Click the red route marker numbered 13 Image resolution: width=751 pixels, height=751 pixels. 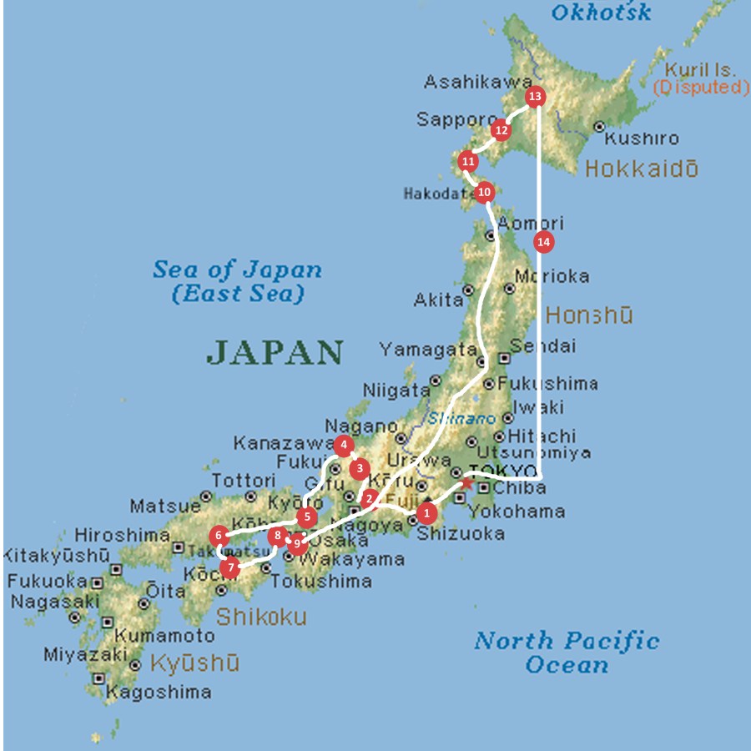(535, 97)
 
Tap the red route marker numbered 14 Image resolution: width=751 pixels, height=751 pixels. (543, 242)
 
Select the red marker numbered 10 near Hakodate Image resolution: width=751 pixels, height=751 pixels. (484, 193)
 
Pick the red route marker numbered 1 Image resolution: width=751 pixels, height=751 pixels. (426, 512)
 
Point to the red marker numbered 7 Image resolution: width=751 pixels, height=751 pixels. (230, 569)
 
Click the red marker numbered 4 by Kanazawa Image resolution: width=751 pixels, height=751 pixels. (342, 446)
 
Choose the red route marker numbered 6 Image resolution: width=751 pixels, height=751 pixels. (219, 535)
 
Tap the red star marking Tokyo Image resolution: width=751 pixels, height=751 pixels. (466, 483)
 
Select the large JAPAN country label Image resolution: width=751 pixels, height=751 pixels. (275, 352)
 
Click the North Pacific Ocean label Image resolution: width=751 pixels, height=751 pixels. (567, 653)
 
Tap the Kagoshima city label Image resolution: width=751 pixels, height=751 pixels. (159, 692)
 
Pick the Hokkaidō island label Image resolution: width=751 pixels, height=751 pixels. (641, 169)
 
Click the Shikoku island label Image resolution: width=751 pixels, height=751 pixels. (261, 617)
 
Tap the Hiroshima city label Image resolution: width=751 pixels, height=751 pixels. (122, 535)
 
